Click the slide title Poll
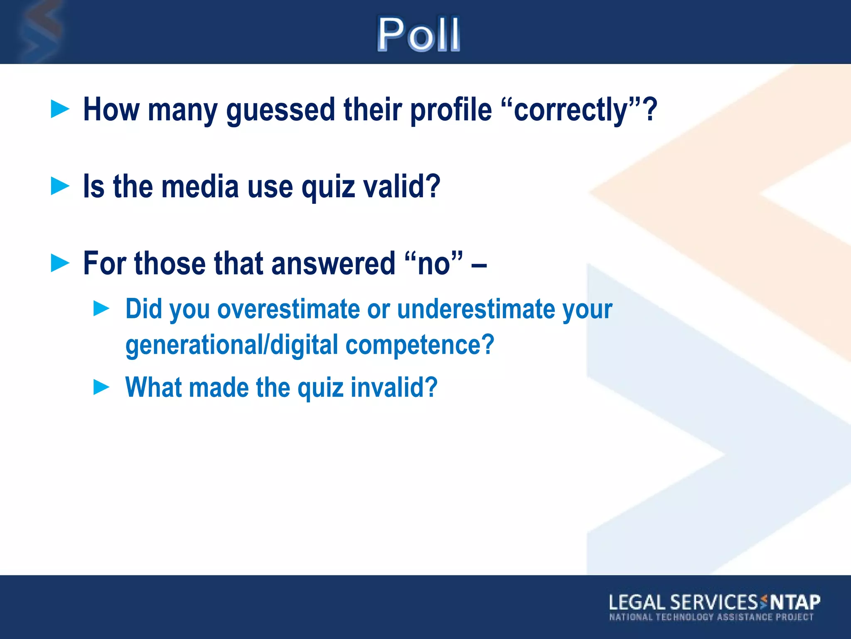tap(418, 34)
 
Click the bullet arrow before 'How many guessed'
tap(60, 109)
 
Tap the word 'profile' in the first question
tap(451, 110)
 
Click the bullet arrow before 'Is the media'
tap(60, 186)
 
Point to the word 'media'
tap(200, 187)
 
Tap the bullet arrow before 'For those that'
tap(60, 263)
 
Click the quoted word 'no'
tap(434, 264)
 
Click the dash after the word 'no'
tap(479, 265)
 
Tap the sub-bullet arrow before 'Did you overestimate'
tap(101, 309)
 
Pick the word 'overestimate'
tap(288, 310)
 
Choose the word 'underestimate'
tap(476, 310)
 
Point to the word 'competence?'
tap(420, 345)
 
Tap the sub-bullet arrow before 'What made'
tap(101, 387)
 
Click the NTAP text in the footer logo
tap(795, 602)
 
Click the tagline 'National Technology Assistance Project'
tap(711, 617)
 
